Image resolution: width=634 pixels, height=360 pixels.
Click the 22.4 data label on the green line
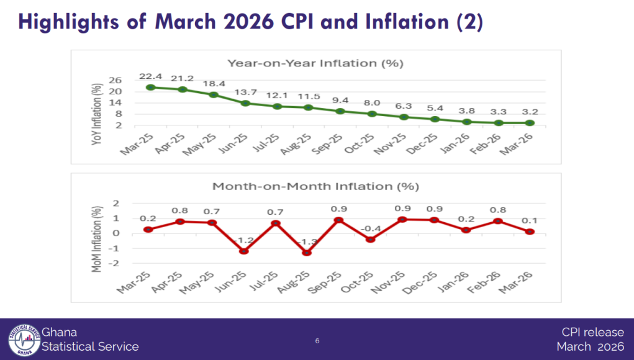150,76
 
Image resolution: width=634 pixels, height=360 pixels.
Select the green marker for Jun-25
245,104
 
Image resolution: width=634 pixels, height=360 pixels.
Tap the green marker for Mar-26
530,123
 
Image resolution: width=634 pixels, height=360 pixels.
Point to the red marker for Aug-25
307,253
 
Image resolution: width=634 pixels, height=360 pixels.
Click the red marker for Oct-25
370,240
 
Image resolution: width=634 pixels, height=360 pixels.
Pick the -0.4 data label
370,228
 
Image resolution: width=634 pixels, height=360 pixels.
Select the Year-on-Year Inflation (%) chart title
315,63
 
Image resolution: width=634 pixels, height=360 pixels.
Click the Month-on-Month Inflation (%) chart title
316,187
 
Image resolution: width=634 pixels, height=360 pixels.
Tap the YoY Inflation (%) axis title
96,114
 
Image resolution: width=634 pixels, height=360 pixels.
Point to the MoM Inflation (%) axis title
96,239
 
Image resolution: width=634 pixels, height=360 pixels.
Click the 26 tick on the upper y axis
115,81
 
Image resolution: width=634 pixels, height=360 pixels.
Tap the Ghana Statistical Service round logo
24,340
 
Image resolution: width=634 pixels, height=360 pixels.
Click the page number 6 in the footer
317,341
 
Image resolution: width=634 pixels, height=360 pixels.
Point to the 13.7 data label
246,92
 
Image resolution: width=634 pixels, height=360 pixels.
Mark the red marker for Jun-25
243,251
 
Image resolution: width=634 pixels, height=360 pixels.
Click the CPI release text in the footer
593,332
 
